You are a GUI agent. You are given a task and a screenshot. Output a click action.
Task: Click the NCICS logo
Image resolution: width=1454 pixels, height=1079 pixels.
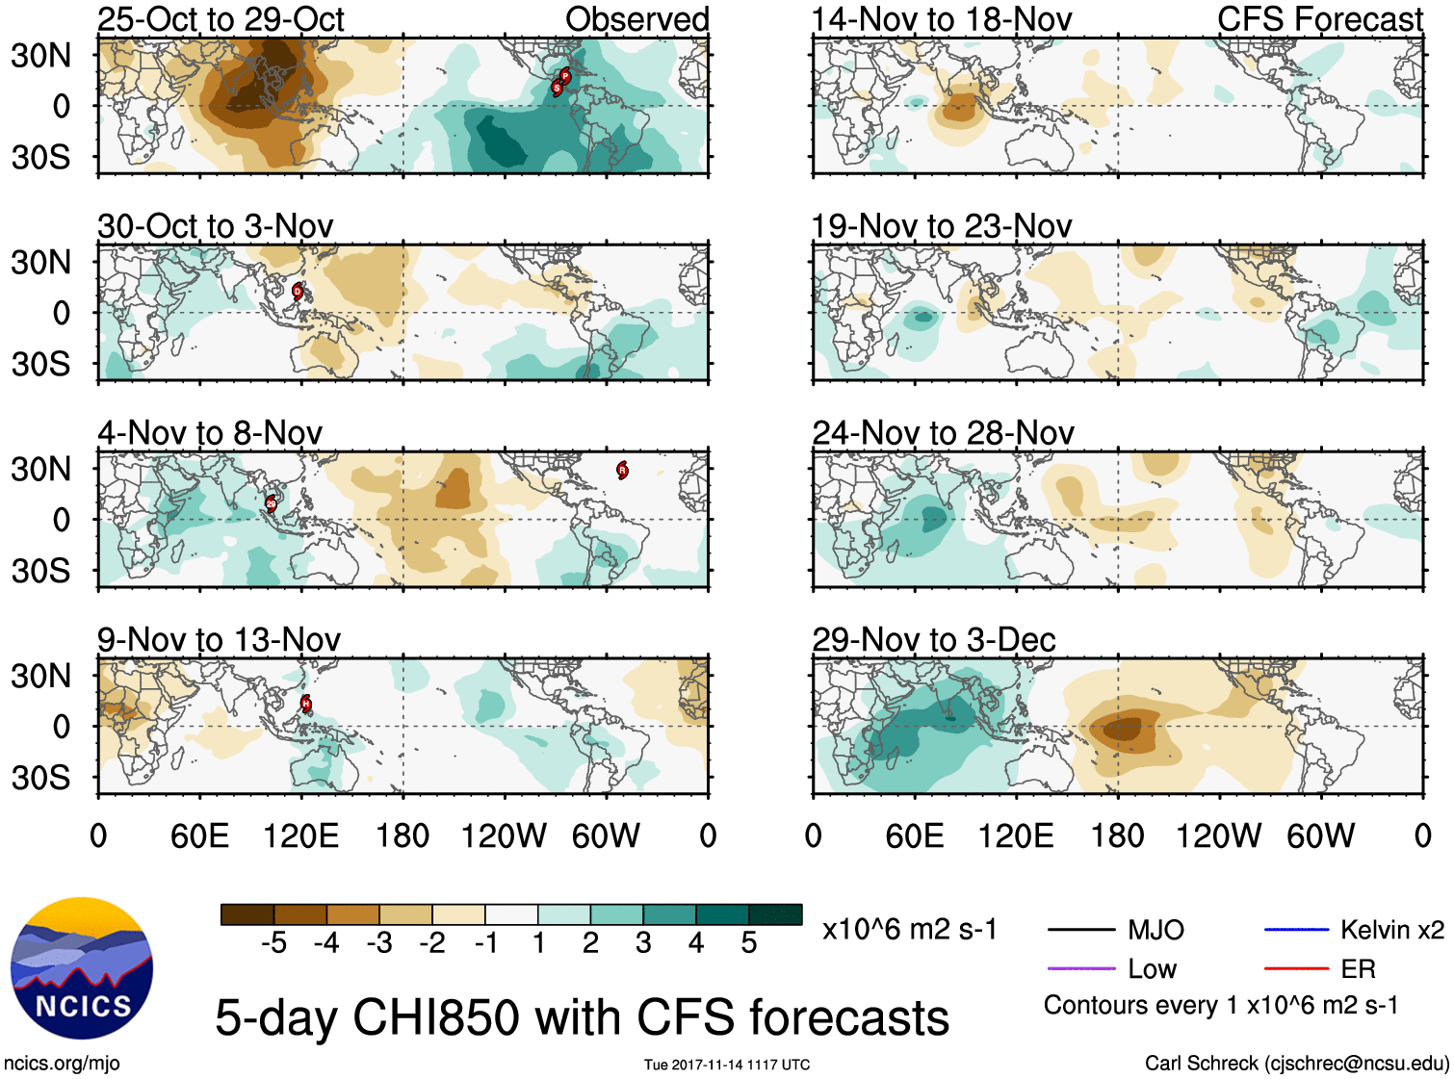82,968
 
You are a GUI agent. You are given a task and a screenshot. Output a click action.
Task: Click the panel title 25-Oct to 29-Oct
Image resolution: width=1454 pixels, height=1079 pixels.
221,19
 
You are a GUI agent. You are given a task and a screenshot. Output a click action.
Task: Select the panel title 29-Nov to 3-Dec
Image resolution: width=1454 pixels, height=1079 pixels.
934,639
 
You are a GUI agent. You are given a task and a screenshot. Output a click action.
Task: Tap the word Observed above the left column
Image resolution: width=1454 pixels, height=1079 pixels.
636,19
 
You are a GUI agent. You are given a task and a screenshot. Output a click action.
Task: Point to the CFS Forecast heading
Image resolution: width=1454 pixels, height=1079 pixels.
1319,19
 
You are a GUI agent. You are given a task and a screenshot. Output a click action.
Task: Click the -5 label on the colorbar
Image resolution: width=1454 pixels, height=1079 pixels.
273,943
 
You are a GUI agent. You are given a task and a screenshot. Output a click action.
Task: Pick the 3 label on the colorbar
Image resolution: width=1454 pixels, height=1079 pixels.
643,943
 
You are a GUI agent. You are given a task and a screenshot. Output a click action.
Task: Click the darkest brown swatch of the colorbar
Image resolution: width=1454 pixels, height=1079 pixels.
247,914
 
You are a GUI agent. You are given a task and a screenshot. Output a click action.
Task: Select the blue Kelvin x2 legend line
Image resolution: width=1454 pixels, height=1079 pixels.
1296,930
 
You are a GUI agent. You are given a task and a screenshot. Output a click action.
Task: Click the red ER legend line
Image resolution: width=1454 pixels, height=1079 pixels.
1296,968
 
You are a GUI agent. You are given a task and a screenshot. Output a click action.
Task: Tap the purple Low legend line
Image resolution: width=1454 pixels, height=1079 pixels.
1080,968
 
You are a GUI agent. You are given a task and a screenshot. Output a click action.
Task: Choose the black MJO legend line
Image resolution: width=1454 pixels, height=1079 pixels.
1080,930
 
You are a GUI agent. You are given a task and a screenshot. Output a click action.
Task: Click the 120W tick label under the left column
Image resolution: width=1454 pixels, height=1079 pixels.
504,835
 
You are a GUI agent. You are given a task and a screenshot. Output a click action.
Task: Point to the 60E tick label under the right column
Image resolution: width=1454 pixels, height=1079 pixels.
914,835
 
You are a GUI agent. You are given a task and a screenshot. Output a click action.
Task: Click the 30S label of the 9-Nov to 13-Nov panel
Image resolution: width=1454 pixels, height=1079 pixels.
41,778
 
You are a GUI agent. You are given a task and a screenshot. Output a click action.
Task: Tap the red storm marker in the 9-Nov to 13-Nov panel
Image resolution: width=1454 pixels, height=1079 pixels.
306,704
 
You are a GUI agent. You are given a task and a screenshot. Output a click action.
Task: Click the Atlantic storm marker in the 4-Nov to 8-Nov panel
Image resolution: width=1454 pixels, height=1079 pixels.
622,470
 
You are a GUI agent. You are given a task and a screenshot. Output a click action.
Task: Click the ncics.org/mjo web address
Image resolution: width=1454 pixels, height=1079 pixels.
62,1064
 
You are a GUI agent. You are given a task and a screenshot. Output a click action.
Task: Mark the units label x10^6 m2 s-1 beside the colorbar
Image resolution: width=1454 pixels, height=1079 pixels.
909,930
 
